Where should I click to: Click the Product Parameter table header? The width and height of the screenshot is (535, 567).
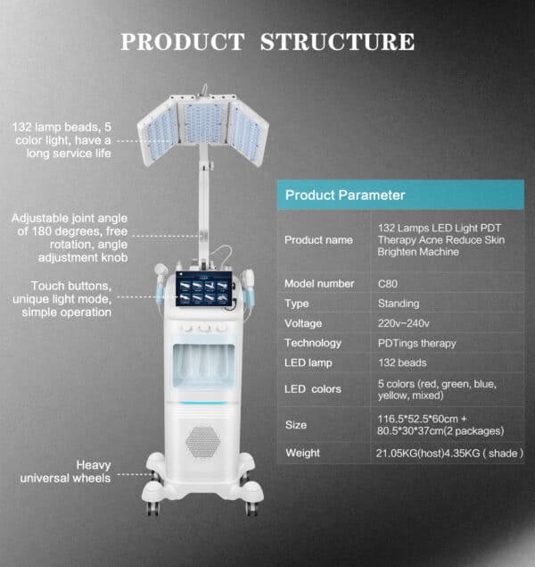pos(344,195)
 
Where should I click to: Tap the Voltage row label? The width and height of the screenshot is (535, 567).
pos(303,323)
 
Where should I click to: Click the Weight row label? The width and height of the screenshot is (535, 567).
pos(302,453)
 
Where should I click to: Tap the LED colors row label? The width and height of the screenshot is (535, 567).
pos(312,389)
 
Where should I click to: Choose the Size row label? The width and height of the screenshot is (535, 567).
pos(296,424)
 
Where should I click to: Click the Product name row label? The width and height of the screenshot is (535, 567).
pos(318,239)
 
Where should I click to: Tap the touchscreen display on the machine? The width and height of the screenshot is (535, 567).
pos(206,292)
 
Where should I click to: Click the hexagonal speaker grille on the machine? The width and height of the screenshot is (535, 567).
pos(202,441)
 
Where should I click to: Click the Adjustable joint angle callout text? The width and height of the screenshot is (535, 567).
pos(69,237)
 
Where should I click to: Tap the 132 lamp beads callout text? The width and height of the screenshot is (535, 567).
pos(62,140)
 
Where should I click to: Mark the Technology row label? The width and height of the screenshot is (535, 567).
pos(312,343)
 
